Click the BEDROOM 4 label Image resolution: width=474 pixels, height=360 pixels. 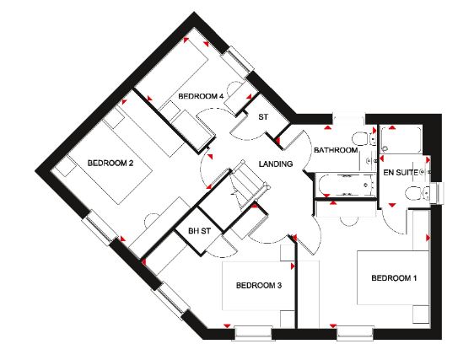201,96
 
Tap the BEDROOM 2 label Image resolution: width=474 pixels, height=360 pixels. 110,164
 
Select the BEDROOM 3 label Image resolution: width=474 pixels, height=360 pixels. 259,285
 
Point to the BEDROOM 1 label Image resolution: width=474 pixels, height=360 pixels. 394,277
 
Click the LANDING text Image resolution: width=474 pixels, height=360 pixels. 276,164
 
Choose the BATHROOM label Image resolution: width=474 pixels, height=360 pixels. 336,150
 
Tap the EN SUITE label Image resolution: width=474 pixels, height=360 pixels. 401,173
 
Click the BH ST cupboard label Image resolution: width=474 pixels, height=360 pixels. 199,231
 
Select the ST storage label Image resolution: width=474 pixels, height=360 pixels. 263,116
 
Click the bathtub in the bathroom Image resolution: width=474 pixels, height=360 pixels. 345,185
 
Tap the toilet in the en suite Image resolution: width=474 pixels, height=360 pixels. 417,193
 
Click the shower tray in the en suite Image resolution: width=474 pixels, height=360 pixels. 401,140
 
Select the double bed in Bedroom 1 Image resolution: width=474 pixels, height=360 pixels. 393,277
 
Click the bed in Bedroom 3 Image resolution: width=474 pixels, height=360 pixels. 258,286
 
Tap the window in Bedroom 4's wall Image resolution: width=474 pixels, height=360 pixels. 237,62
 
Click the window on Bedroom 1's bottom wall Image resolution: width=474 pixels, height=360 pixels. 355,333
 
